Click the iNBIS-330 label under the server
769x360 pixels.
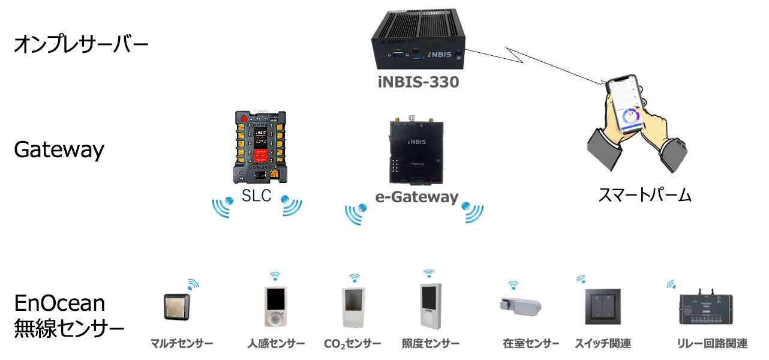[x=418, y=82]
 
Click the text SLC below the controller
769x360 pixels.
[x=256, y=196]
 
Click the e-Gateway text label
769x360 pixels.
[x=416, y=197]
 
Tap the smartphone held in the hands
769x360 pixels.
[x=626, y=105]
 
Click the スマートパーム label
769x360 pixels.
[x=645, y=195]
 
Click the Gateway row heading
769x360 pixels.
[x=59, y=149]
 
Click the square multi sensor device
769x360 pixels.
[x=176, y=307]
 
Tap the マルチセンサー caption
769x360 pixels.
[x=182, y=344]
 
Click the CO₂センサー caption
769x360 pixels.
[x=352, y=344]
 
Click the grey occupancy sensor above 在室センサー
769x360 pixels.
[x=519, y=305]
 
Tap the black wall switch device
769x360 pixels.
[x=602, y=306]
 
